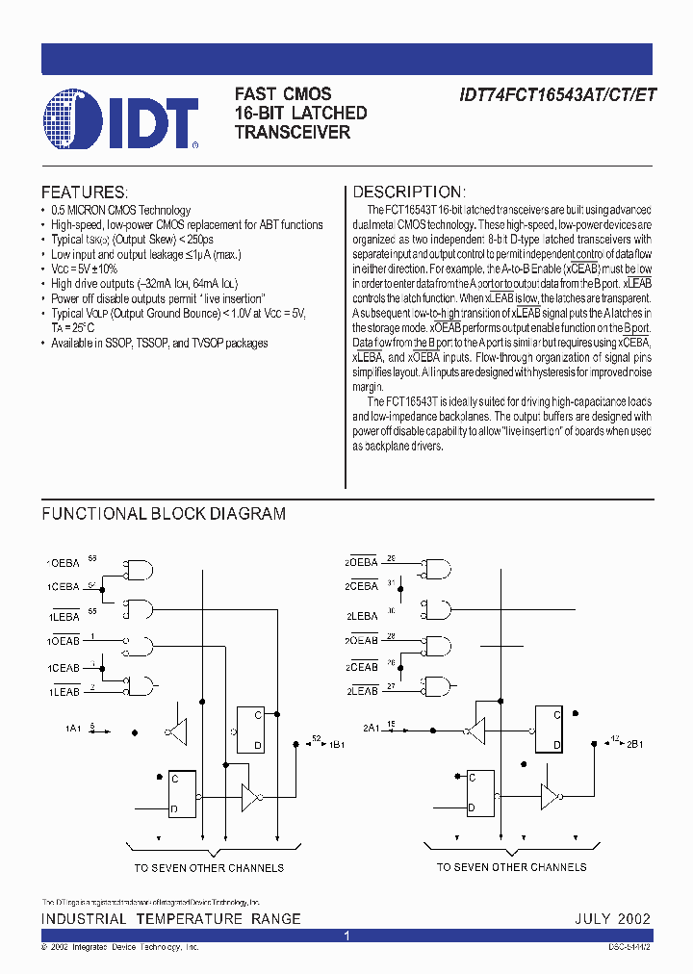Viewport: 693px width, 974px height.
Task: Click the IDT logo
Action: tap(121, 119)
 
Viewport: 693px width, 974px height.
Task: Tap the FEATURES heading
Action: tap(85, 192)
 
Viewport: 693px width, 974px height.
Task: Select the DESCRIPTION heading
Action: tap(409, 192)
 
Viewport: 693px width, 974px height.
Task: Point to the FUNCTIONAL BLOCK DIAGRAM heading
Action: tap(164, 514)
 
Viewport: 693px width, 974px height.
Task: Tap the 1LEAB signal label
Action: tap(64, 691)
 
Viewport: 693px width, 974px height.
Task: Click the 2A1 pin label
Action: tap(372, 729)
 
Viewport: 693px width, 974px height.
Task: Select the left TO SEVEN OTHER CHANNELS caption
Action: tap(209, 867)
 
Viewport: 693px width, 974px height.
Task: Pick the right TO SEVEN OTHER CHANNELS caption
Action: tap(511, 867)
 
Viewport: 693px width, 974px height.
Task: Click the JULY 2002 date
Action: tap(613, 919)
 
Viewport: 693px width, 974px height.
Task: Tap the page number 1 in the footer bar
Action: tap(346, 936)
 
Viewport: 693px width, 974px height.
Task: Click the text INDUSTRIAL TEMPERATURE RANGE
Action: tap(171, 919)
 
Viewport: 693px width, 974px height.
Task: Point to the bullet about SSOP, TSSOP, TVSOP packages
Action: tap(160, 344)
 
